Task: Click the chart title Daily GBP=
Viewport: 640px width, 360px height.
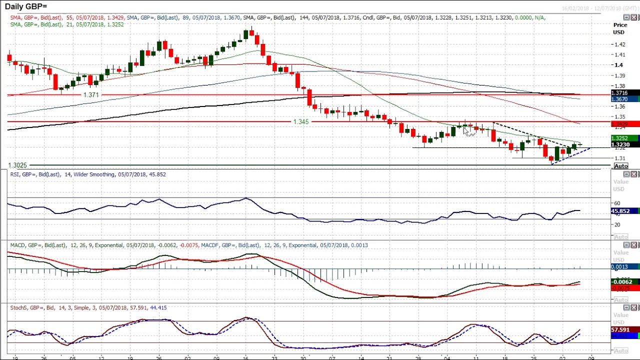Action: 26,6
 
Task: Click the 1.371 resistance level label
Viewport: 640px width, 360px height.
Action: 91,95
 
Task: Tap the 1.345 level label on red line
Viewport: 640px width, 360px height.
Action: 301,122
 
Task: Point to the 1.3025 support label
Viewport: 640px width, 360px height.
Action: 17,165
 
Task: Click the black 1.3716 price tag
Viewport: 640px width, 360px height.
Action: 620,93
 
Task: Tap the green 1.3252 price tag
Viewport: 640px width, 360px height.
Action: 620,138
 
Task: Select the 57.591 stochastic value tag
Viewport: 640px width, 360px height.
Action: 620,330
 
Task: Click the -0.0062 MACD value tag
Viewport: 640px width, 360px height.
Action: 620,282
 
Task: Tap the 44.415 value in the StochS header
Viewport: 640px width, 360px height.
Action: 158,308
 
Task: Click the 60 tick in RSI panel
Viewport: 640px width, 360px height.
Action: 617,203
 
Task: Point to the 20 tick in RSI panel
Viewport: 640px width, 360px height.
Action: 617,225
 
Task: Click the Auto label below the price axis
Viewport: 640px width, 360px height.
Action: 620,166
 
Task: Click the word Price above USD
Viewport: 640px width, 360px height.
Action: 620,25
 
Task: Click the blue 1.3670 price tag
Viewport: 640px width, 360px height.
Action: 620,99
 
